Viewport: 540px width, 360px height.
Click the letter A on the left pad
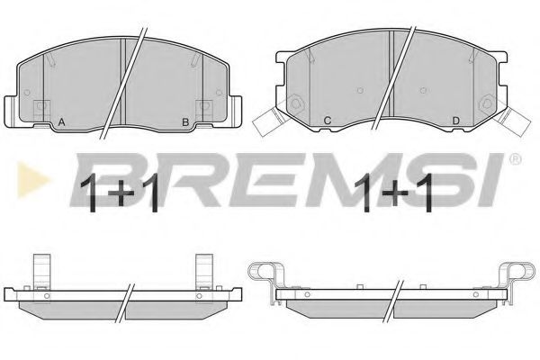[x=61, y=122]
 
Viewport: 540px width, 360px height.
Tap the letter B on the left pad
[x=185, y=122]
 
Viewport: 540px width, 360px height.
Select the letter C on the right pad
[x=328, y=121]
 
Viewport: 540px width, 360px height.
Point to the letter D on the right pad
[x=455, y=121]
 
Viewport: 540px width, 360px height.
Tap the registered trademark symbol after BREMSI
[x=515, y=158]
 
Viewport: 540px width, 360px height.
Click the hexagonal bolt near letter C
[x=295, y=103]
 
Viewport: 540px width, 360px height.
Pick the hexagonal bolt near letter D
[x=487, y=103]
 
